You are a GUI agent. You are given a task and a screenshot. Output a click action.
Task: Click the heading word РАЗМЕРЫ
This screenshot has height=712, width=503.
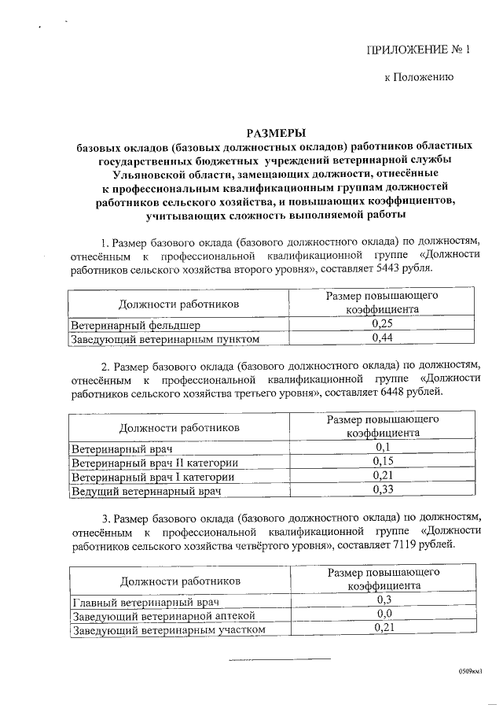274,132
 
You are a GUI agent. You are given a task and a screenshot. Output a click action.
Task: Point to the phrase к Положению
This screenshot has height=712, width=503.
417,79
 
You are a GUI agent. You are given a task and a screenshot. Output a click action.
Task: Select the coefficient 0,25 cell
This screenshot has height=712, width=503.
381,324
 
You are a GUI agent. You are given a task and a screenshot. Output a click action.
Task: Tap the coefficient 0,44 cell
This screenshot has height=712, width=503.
381,338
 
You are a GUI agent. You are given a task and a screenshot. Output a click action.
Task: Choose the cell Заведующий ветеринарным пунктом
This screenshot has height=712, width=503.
165,338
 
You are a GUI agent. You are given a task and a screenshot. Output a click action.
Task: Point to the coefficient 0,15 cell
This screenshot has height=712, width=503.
381,462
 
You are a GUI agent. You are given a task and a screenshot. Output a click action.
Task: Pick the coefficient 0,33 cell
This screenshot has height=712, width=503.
381,491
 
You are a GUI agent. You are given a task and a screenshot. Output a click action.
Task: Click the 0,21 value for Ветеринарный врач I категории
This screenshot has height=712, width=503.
381,476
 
